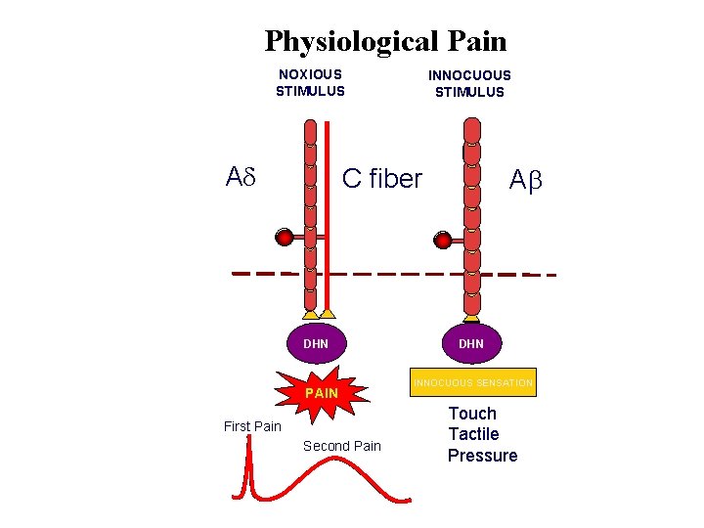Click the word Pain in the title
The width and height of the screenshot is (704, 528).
coord(475,42)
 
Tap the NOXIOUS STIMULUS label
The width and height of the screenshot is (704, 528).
coord(310,83)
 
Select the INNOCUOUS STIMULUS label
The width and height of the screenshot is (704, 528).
coord(469,84)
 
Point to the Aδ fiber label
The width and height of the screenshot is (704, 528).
coord(241,178)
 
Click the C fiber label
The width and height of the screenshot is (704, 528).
coord(381,179)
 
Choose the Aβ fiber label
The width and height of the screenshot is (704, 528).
coord(525,180)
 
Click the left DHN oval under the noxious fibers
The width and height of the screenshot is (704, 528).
coord(316,343)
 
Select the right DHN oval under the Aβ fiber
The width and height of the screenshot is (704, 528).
coord(471,343)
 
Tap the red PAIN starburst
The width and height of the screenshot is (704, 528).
coord(322,392)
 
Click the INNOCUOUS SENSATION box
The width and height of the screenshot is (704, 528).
coord(472,383)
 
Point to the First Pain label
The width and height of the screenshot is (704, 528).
coord(252,426)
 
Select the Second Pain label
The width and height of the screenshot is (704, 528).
coord(341,446)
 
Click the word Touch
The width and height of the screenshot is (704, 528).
coord(472,414)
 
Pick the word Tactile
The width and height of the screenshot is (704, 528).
coord(473,434)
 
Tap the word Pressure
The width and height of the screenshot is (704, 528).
coord(482,456)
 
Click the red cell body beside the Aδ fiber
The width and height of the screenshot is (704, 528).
coord(285,237)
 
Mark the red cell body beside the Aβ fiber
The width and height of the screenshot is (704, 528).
coord(443,240)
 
